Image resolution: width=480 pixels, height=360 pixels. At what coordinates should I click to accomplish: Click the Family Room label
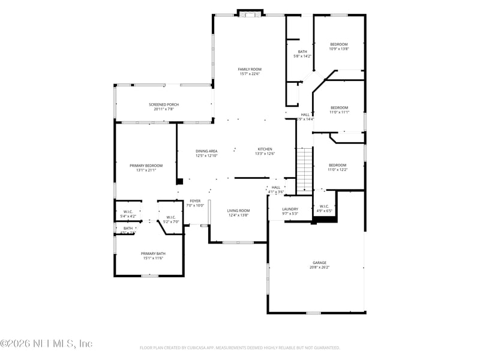[x=250, y=69]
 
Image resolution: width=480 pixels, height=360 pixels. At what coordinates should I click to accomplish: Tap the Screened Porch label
[x=164, y=104]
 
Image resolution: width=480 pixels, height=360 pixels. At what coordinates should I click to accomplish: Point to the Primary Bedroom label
[x=146, y=165]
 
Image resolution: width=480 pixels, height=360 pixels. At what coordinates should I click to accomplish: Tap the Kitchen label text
[x=265, y=149]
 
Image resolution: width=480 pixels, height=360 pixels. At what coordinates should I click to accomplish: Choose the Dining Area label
[x=206, y=151]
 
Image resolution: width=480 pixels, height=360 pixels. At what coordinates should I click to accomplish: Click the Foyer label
[x=195, y=200]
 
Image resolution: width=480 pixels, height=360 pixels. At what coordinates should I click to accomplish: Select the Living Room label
[x=238, y=211]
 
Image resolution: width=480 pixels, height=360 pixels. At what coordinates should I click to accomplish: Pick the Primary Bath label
[x=154, y=253]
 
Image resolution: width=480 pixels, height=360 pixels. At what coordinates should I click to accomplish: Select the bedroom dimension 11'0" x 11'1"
[x=339, y=112]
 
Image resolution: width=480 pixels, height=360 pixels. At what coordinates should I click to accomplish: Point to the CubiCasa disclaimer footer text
[x=240, y=347]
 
